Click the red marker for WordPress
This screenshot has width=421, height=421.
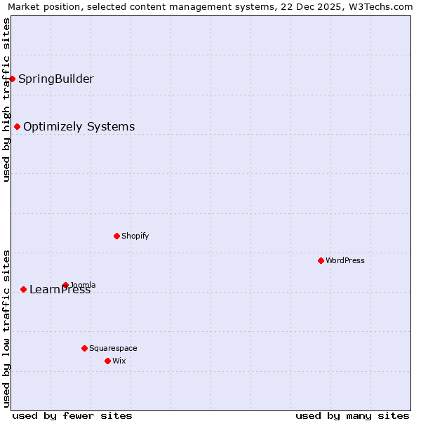(321, 260)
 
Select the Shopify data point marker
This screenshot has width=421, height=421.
(116, 236)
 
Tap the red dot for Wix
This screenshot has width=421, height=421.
(107, 361)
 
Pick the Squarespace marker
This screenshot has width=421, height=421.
(84, 348)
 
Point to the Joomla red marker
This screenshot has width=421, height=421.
(65, 285)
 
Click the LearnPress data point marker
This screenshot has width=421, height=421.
(23, 289)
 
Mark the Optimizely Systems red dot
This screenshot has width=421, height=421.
(17, 126)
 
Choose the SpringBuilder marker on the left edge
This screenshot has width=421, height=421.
(12, 79)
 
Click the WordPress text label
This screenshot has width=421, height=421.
(345, 260)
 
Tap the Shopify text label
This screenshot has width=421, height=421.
(135, 236)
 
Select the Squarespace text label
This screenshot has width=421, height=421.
(113, 348)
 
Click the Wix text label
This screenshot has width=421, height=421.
(119, 361)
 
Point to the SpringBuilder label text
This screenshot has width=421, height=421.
(56, 79)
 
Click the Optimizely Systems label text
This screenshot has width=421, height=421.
(79, 126)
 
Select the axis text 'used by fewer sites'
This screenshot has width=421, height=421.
(72, 415)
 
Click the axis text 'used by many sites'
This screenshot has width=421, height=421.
(352, 415)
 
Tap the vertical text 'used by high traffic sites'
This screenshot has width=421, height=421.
(6, 100)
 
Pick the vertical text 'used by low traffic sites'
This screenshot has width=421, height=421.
(6, 328)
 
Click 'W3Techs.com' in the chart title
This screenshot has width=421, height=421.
(382, 7)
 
